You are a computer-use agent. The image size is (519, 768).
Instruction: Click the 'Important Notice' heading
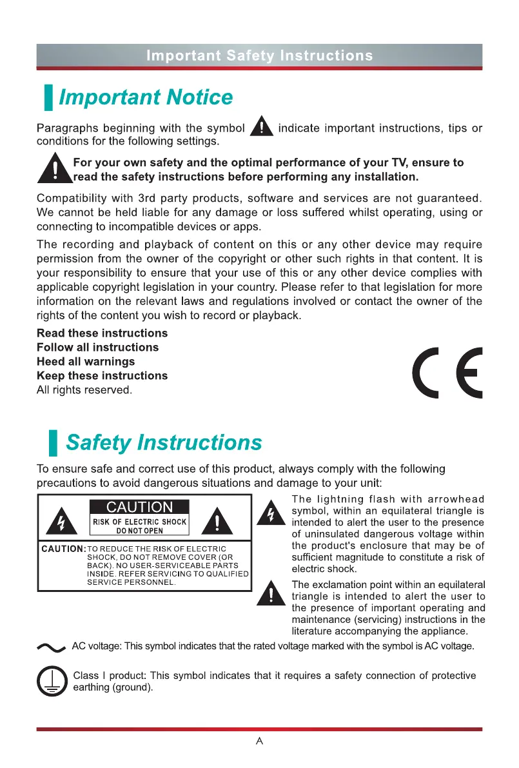point(146,97)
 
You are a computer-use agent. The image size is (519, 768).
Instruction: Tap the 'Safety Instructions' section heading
point(164,443)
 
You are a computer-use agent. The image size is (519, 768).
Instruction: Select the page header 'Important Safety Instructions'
point(259,55)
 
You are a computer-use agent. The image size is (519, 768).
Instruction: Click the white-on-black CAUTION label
point(140,507)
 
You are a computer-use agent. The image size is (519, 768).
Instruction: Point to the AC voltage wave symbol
point(52,647)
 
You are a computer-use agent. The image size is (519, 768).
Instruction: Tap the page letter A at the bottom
point(259,741)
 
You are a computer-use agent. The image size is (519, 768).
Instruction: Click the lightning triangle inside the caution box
point(63,520)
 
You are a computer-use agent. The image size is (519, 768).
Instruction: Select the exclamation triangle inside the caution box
point(217,520)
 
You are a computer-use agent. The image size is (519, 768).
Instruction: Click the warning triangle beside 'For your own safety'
point(55,170)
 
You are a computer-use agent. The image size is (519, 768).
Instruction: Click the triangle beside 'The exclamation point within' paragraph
point(271,594)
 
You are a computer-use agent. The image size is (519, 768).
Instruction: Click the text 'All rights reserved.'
point(84,390)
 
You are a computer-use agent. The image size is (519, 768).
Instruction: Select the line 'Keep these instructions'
point(102,376)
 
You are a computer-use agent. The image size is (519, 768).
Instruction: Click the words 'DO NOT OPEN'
point(140,531)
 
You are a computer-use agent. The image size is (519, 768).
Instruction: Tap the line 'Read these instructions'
point(102,333)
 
